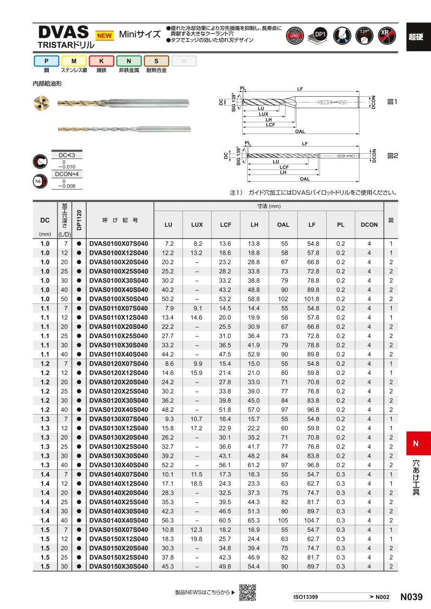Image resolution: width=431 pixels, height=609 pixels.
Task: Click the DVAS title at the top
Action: click(63, 32)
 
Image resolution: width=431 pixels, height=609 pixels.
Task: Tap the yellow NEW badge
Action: click(104, 35)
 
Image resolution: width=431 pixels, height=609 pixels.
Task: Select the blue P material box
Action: click(46, 61)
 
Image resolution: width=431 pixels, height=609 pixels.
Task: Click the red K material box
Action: click(102, 61)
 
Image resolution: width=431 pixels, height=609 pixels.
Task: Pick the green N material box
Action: click(129, 61)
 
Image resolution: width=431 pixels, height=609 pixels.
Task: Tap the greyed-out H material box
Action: click(184, 61)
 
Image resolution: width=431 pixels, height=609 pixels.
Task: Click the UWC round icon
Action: click(295, 35)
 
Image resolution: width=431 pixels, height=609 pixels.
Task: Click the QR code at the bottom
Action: click(248, 592)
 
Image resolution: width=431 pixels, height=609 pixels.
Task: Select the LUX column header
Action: click(197, 225)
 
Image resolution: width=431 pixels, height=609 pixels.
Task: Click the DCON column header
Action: click(369, 225)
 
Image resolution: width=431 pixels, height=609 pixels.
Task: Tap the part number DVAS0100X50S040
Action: click(119, 299)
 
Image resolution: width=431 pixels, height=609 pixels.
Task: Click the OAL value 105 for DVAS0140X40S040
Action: click(283, 520)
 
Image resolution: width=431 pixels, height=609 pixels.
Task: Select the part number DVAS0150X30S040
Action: click(119, 566)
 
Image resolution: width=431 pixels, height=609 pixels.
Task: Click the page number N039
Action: click(411, 597)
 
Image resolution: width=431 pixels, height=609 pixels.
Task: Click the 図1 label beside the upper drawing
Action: click(392, 101)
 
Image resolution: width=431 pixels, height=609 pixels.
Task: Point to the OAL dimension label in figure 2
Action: click(305, 179)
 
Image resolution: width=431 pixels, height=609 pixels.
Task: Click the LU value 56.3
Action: click(169, 520)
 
